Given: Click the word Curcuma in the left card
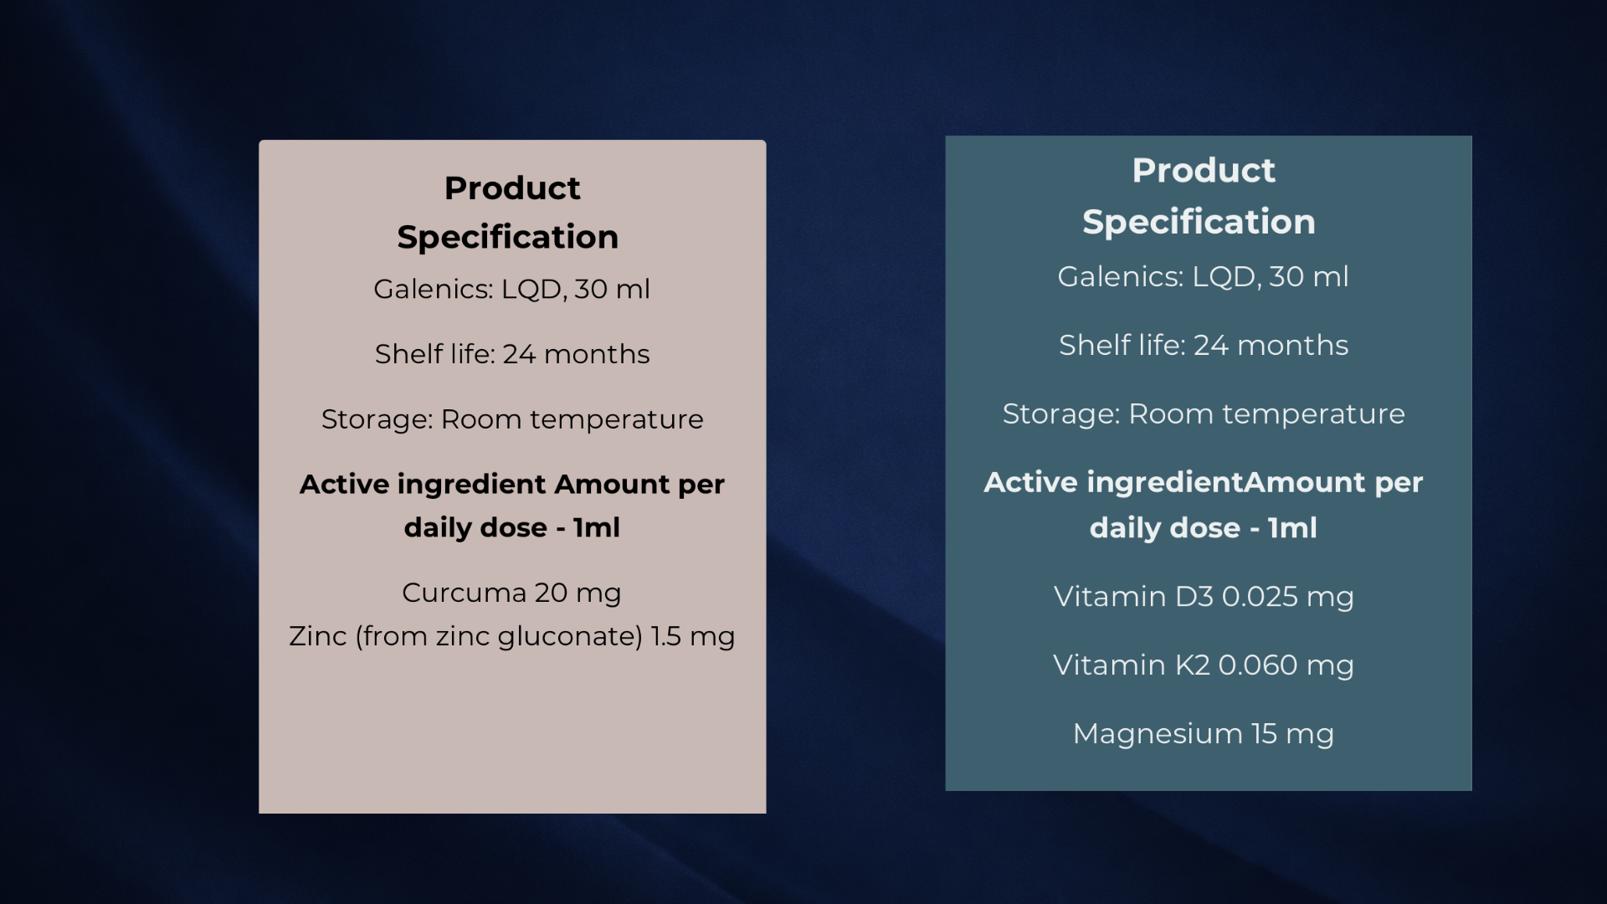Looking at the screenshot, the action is tap(465, 593).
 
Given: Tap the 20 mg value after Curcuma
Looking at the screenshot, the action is tap(578, 593).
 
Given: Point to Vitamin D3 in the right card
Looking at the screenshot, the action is tap(1133, 596).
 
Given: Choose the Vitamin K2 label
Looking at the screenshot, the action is tap(1132, 665).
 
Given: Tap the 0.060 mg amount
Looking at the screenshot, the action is tap(1286, 665).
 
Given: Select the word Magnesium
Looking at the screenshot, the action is tap(1158, 734).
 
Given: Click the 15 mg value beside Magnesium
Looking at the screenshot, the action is tap(1293, 734).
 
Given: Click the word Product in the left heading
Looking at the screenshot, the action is tap(512, 188).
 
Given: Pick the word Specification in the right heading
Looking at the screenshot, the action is tap(1199, 223).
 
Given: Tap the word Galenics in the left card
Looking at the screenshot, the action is tap(434, 289).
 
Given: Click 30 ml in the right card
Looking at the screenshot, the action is tap(1309, 276).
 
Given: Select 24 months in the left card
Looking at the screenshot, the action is tap(576, 354).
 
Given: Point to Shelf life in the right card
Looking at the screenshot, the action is tap(1122, 345).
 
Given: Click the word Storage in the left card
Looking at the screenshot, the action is tap(377, 419).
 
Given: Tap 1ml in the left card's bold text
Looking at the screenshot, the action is tap(597, 527).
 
